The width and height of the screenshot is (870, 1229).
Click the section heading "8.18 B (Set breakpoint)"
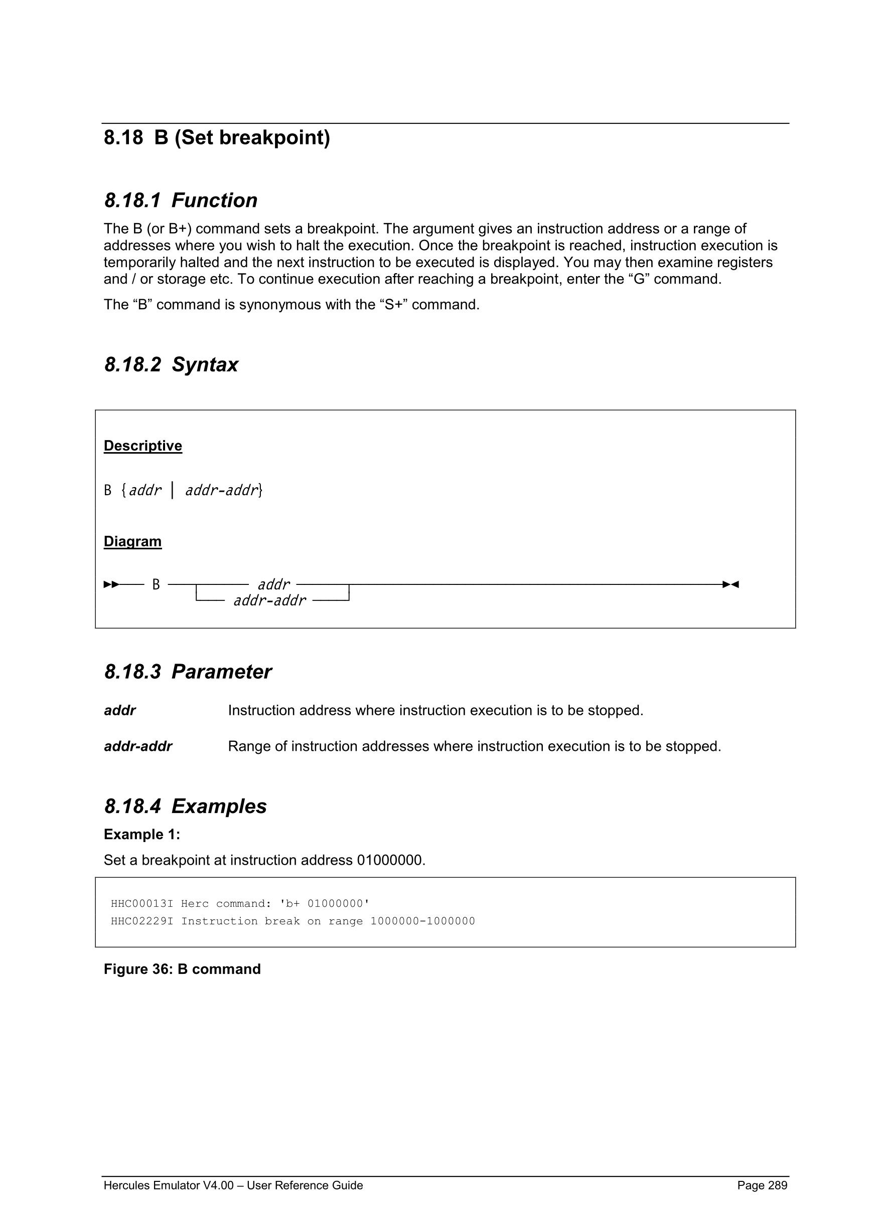click(x=216, y=137)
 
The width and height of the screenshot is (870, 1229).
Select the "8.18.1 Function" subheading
click(x=181, y=200)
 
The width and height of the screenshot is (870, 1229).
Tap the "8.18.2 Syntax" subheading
click(x=171, y=364)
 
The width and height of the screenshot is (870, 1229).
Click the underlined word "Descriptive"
click(x=142, y=446)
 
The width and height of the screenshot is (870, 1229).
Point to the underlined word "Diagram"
click(x=132, y=541)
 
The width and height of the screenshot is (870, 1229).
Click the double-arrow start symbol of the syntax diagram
click(x=111, y=584)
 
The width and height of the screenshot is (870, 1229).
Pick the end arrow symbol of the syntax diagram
click(x=731, y=584)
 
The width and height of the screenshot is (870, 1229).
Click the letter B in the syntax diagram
click(x=156, y=584)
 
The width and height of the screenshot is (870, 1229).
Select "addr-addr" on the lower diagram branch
click(x=269, y=600)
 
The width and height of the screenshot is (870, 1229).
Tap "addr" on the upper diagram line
click(x=273, y=584)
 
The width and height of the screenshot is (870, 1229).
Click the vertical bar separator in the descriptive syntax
click(x=173, y=490)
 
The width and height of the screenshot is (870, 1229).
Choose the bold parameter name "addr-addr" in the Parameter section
click(x=137, y=746)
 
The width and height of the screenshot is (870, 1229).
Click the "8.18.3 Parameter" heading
click(x=188, y=672)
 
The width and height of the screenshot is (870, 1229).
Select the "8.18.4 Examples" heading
click(x=185, y=806)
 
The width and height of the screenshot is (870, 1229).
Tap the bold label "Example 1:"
click(x=142, y=835)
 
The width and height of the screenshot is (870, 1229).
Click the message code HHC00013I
click(x=142, y=904)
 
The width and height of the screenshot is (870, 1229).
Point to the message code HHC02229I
click(x=142, y=921)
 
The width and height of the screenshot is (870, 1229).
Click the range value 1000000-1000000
click(x=422, y=921)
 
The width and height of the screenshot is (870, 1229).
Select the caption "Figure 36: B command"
click(x=182, y=969)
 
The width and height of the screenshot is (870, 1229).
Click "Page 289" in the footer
click(x=762, y=1185)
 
